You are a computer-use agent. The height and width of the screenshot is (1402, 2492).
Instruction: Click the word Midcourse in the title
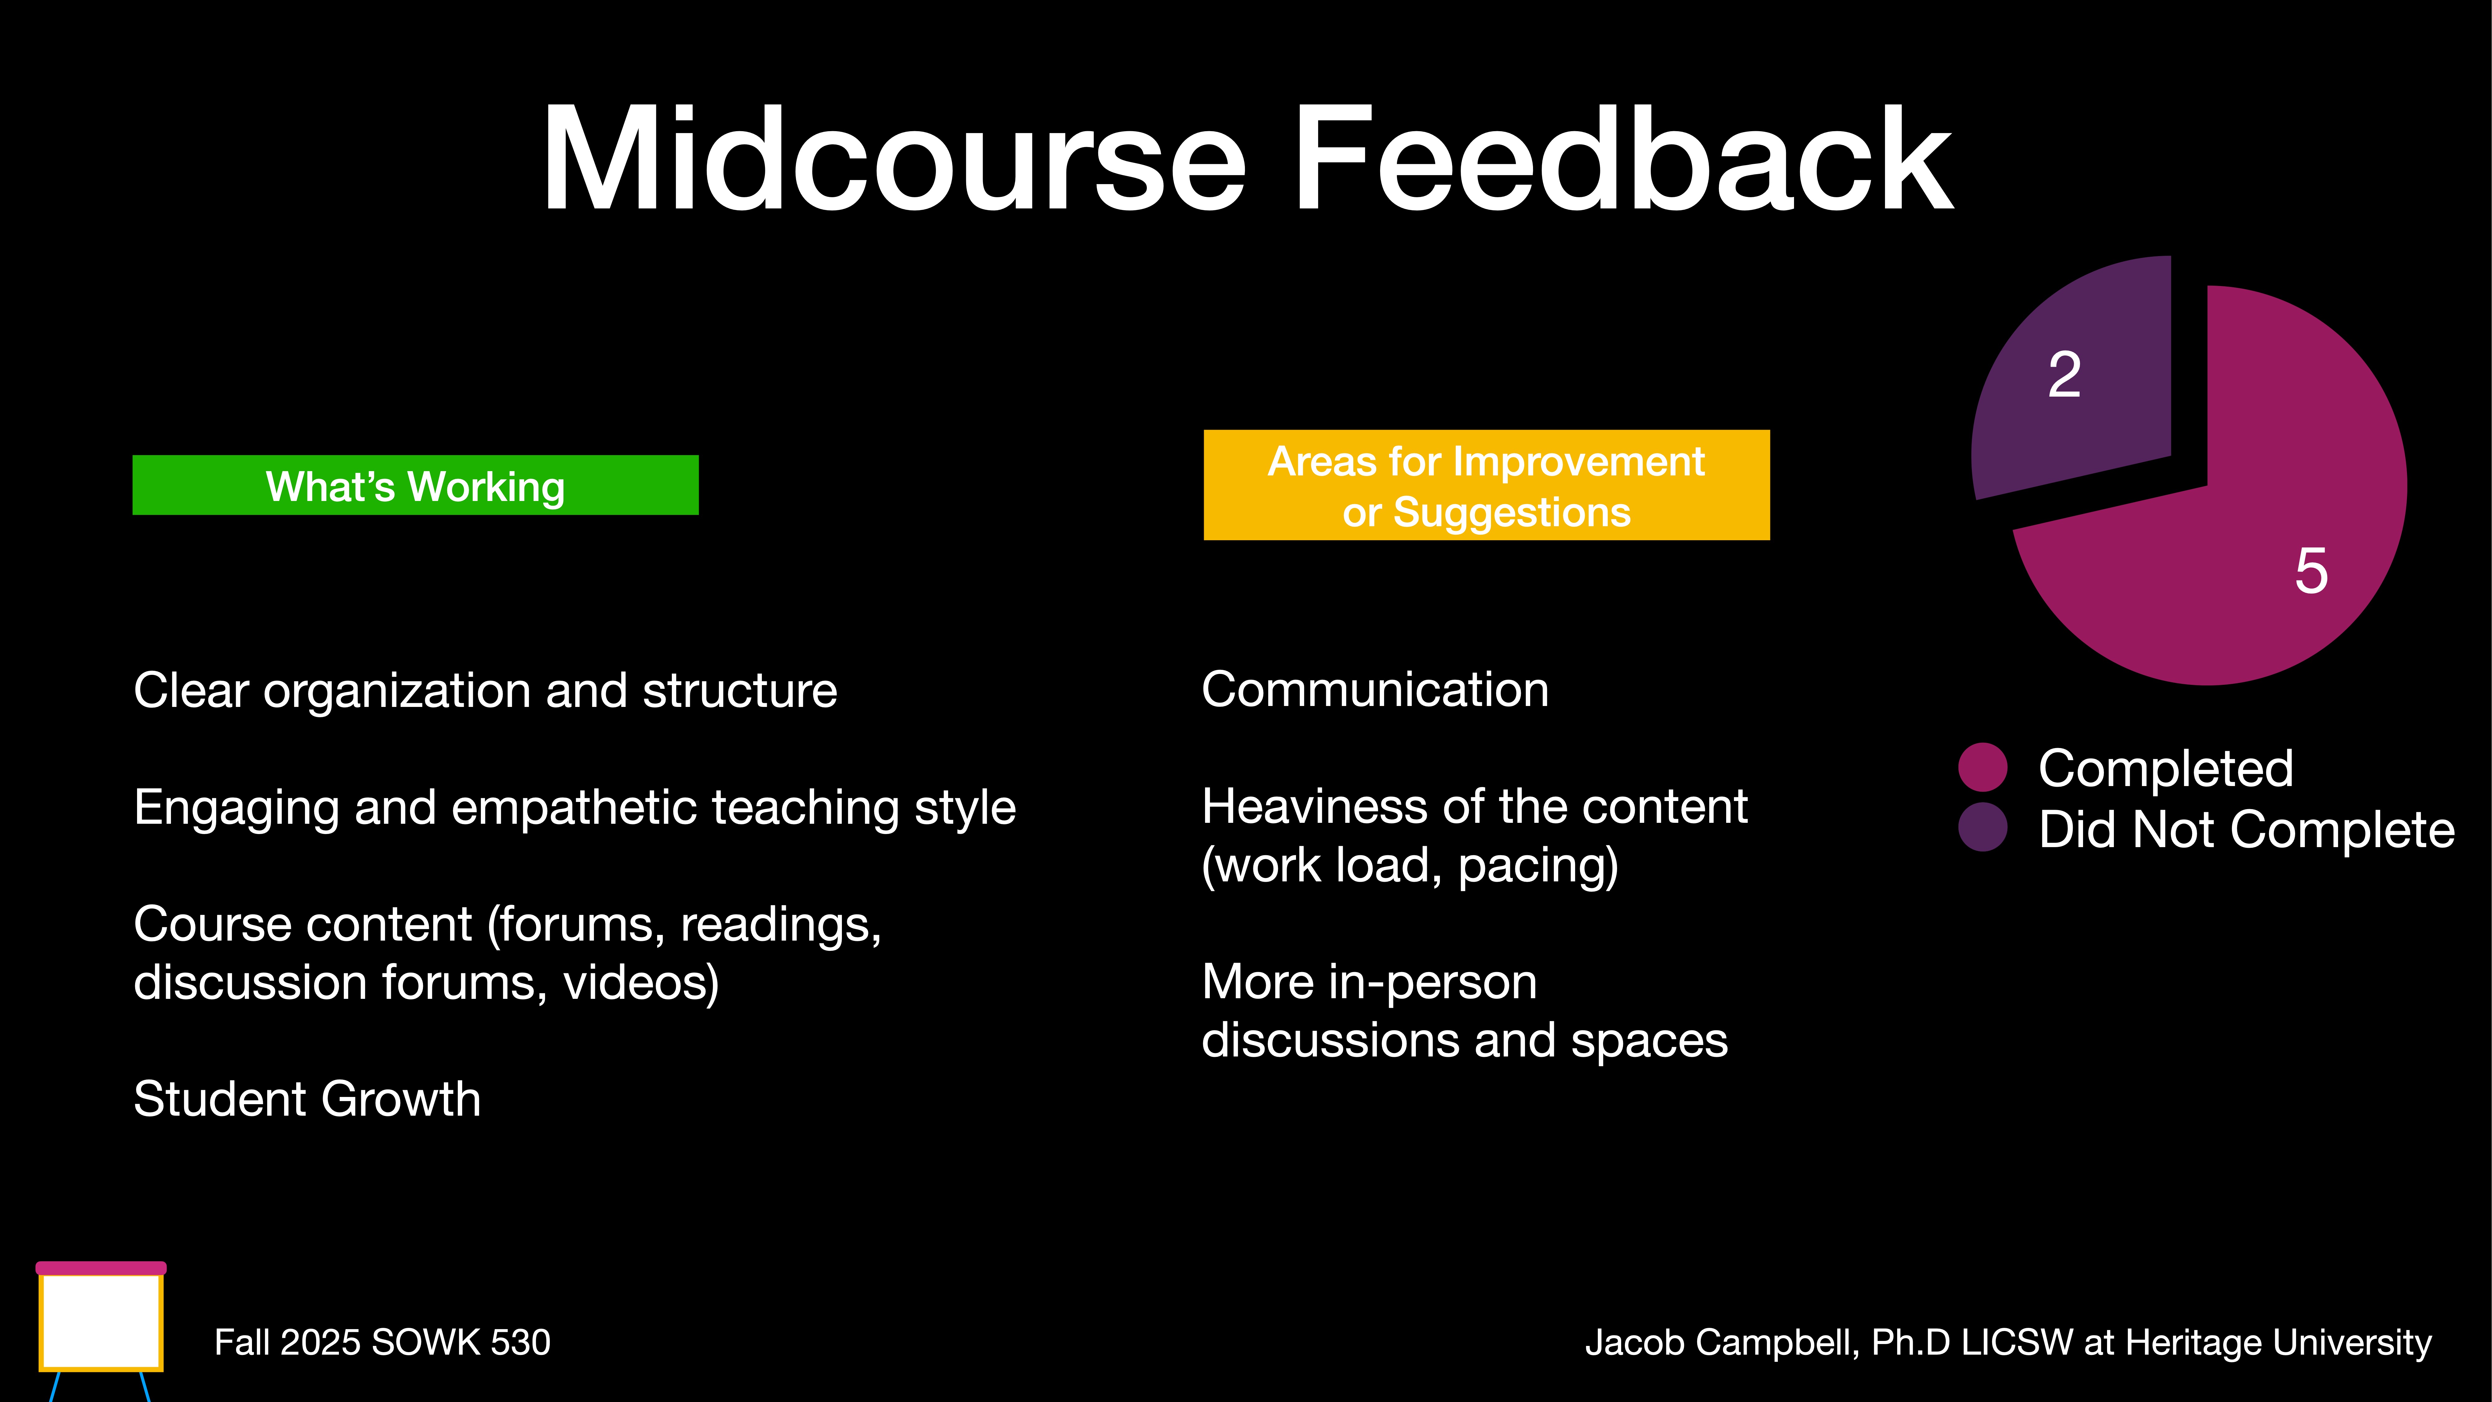point(892,160)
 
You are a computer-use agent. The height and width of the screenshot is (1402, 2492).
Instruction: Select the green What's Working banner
point(415,485)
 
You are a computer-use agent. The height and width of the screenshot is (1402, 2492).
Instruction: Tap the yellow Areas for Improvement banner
point(1486,485)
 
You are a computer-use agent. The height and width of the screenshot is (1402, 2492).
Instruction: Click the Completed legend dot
point(1982,767)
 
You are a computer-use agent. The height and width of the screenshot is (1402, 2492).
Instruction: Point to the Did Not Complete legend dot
point(1982,827)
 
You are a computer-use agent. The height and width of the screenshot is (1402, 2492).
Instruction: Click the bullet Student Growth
point(307,1099)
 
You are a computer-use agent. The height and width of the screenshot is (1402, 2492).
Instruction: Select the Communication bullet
point(1375,690)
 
